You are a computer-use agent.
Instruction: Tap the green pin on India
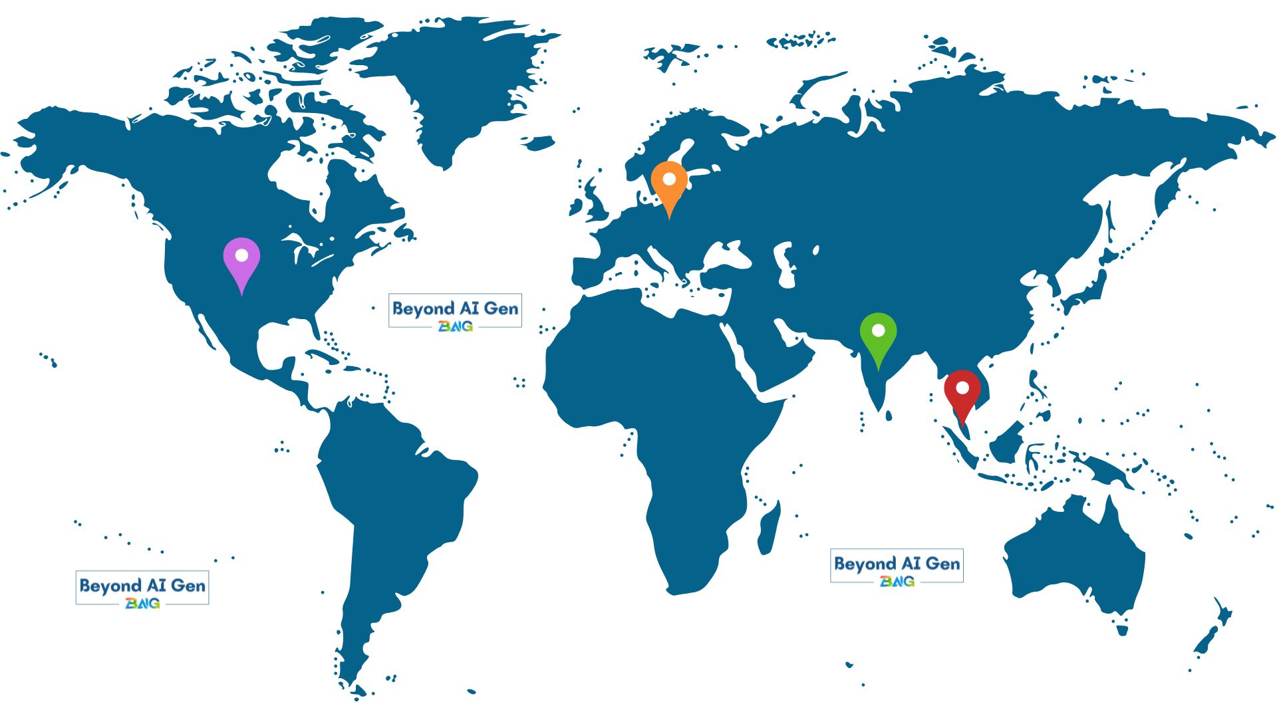click(x=878, y=335)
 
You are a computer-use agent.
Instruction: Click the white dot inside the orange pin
click(x=669, y=179)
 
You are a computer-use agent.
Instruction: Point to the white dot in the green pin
click(x=878, y=330)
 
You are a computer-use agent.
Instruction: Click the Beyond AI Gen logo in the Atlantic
click(x=455, y=310)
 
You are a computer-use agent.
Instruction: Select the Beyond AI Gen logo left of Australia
click(x=897, y=566)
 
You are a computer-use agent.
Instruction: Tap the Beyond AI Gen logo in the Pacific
click(x=142, y=588)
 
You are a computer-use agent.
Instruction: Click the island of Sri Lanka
click(x=888, y=416)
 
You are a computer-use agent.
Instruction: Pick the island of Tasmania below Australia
click(x=1123, y=628)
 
